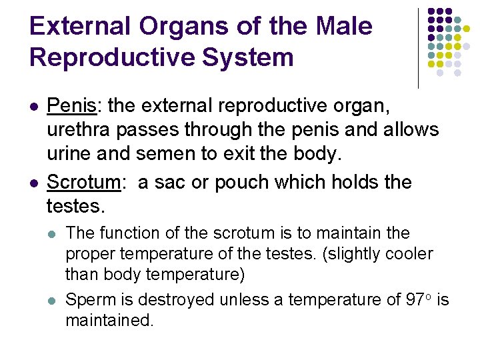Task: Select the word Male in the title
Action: [x=343, y=27]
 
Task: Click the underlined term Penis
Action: [x=73, y=105]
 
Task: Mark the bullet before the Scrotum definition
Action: [x=34, y=183]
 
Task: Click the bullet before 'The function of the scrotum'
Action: [x=53, y=234]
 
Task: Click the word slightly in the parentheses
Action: [x=346, y=254]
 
